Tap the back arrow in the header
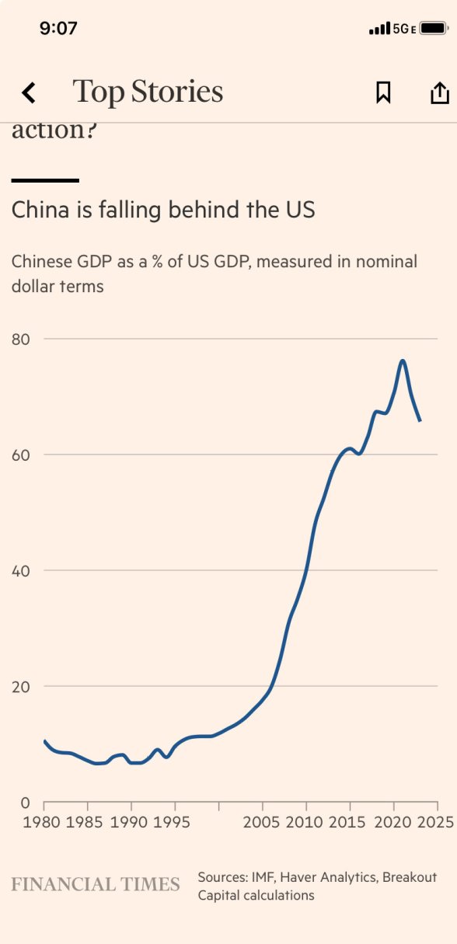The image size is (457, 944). tap(29, 93)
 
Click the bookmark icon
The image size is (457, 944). tap(383, 93)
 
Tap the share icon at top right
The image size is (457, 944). tap(439, 92)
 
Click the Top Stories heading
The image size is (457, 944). tap(148, 92)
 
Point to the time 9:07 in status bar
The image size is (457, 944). tap(58, 29)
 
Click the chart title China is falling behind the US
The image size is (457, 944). tap(163, 210)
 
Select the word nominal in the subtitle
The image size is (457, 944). tap(389, 262)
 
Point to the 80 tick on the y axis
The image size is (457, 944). tap(21, 339)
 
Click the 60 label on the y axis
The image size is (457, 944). tap(21, 455)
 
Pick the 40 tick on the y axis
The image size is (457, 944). tap(21, 570)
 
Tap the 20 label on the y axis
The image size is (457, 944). tap(21, 686)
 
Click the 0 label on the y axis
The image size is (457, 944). tap(25, 803)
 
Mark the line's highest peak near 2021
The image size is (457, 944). tap(403, 361)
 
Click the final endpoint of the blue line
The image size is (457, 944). tap(420, 420)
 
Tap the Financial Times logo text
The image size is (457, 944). tap(95, 884)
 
